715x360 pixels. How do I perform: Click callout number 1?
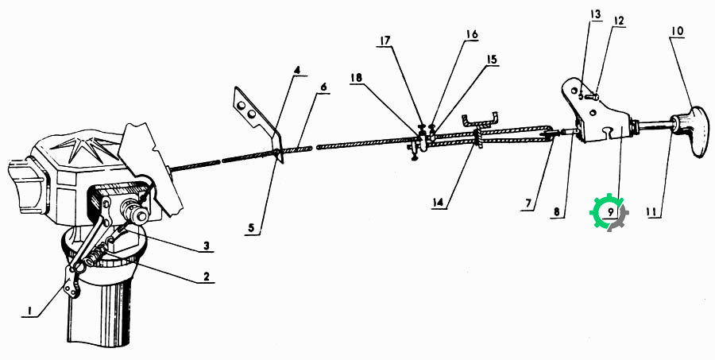[x=29, y=312]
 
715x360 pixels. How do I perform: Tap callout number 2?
[x=206, y=277]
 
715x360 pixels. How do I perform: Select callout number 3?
[x=206, y=246]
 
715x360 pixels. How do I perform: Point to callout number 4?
[x=297, y=70]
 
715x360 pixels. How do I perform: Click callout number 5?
[x=252, y=226]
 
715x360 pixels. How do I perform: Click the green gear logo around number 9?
[x=609, y=212]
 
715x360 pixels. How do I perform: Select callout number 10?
[x=677, y=32]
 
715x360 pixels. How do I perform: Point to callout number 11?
[x=654, y=211]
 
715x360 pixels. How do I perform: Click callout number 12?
[x=618, y=21]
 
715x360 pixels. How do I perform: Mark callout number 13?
[x=595, y=14]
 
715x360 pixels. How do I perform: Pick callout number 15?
[x=492, y=60]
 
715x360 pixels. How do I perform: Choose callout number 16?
[x=472, y=34]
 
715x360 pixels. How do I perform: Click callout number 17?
[x=385, y=41]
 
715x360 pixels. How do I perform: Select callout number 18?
[x=356, y=78]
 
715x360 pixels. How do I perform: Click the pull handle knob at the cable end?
[x=692, y=130]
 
